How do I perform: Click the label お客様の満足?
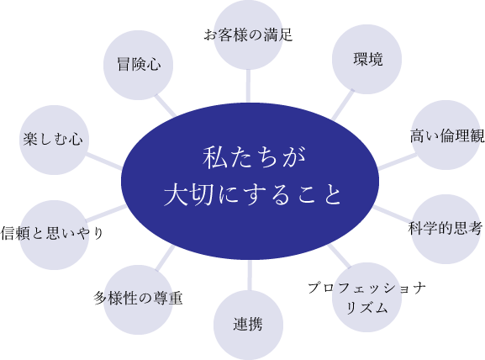coord(248,34)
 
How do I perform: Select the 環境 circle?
coord(366,59)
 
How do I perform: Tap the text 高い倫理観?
coord(447,136)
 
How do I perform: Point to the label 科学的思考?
coord(445,229)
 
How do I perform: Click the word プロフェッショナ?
coord(366,288)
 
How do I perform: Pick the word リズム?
coord(366,308)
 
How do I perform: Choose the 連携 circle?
coord(248,325)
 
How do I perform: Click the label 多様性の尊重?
coord(138,298)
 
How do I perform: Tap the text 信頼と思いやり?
coord(51,233)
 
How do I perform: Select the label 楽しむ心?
coord(53,139)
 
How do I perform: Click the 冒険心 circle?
coord(138,65)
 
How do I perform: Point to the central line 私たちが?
coord(254,157)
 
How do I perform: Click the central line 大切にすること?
coord(252,194)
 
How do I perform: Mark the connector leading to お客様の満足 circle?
coord(248,86)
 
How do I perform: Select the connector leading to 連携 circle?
coord(250,275)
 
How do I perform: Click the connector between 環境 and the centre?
coord(342,105)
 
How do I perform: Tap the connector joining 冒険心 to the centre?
coord(166,105)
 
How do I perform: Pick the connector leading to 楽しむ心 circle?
coord(104,161)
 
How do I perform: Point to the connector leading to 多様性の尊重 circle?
coord(166,258)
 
